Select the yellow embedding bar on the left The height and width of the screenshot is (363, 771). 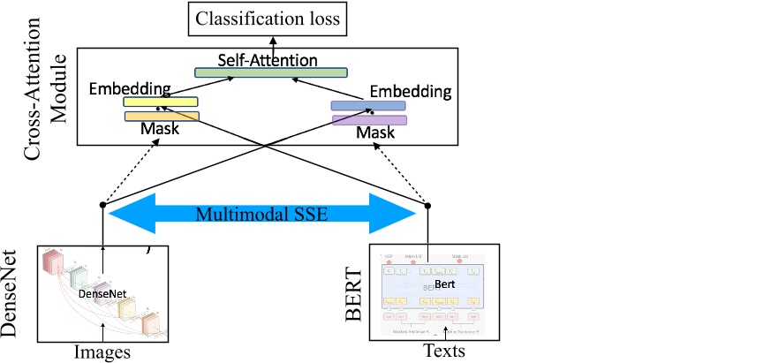160,102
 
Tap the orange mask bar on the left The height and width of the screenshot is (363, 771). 161,116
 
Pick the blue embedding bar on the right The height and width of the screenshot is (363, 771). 367,106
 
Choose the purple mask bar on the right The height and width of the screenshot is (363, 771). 368,120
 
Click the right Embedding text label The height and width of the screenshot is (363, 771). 410,91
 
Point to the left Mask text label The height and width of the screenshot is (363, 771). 160,130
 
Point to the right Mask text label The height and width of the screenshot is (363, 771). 376,133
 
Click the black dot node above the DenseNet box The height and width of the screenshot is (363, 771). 103,206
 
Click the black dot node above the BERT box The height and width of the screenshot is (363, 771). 428,206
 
